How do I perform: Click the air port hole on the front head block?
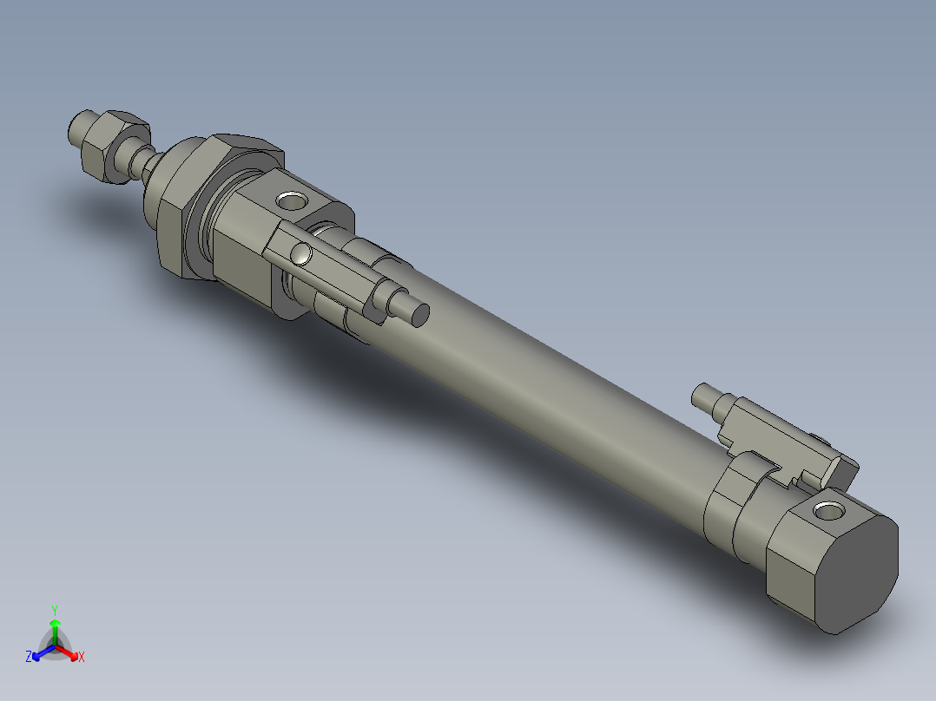click(x=291, y=202)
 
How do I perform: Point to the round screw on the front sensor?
click(x=301, y=253)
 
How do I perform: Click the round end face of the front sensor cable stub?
click(x=419, y=314)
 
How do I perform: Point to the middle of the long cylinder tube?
click(x=556, y=390)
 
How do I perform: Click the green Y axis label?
click(x=54, y=609)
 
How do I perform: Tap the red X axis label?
click(x=82, y=658)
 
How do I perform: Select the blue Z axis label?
click(x=29, y=657)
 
